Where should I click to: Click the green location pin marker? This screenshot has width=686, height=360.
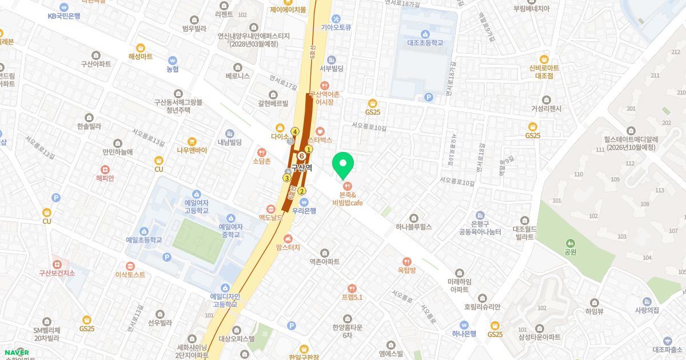pyautogui.click(x=343, y=165)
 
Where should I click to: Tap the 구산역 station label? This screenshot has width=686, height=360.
pyautogui.click(x=301, y=168)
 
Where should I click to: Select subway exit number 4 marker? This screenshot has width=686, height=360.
pyautogui.click(x=295, y=131)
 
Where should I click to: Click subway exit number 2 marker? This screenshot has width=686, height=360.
pyautogui.click(x=302, y=191)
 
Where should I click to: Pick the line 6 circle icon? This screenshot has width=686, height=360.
pyautogui.click(x=301, y=155)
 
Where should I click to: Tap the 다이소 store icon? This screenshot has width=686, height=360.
pyautogui.click(x=280, y=127)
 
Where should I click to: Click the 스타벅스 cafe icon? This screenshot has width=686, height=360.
pyautogui.click(x=320, y=130)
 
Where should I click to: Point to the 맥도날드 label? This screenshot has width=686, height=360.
pyautogui.click(x=271, y=218)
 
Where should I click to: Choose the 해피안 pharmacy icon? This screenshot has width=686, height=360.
pyautogui.click(x=105, y=169)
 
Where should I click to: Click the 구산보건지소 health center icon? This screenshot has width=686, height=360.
pyautogui.click(x=57, y=264)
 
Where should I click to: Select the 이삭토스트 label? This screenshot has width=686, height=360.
pyautogui.click(x=130, y=274)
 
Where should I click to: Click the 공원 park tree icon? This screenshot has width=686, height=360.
pyautogui.click(x=569, y=243)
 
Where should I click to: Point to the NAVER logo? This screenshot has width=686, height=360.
pyautogui.click(x=16, y=353)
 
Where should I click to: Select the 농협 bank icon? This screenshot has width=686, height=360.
pyautogui.click(x=172, y=60)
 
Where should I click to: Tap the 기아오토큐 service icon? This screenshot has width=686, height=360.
pyautogui.click(x=336, y=18)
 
